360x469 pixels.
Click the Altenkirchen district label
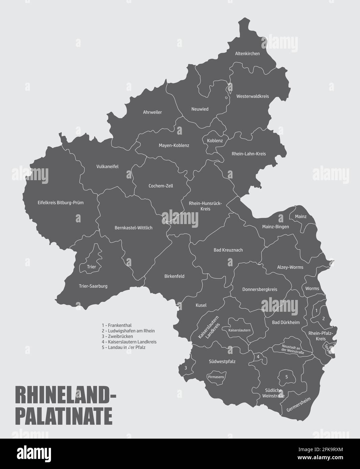(248, 53)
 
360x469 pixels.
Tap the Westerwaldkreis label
(253, 96)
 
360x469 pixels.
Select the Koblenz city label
(215, 141)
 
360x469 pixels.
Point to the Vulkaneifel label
(107, 167)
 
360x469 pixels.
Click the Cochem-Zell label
(161, 186)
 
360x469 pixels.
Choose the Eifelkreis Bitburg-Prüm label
(60, 203)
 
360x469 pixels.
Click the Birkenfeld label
(174, 276)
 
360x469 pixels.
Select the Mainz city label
(301, 216)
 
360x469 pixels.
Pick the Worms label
(312, 288)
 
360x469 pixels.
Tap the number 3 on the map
(185, 368)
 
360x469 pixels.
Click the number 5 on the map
(287, 377)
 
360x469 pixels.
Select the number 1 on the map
(316, 310)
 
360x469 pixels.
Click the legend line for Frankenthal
(117, 325)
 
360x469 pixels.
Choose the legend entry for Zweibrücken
(117, 336)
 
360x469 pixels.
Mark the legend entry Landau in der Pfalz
(123, 347)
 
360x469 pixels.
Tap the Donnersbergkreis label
(260, 289)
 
